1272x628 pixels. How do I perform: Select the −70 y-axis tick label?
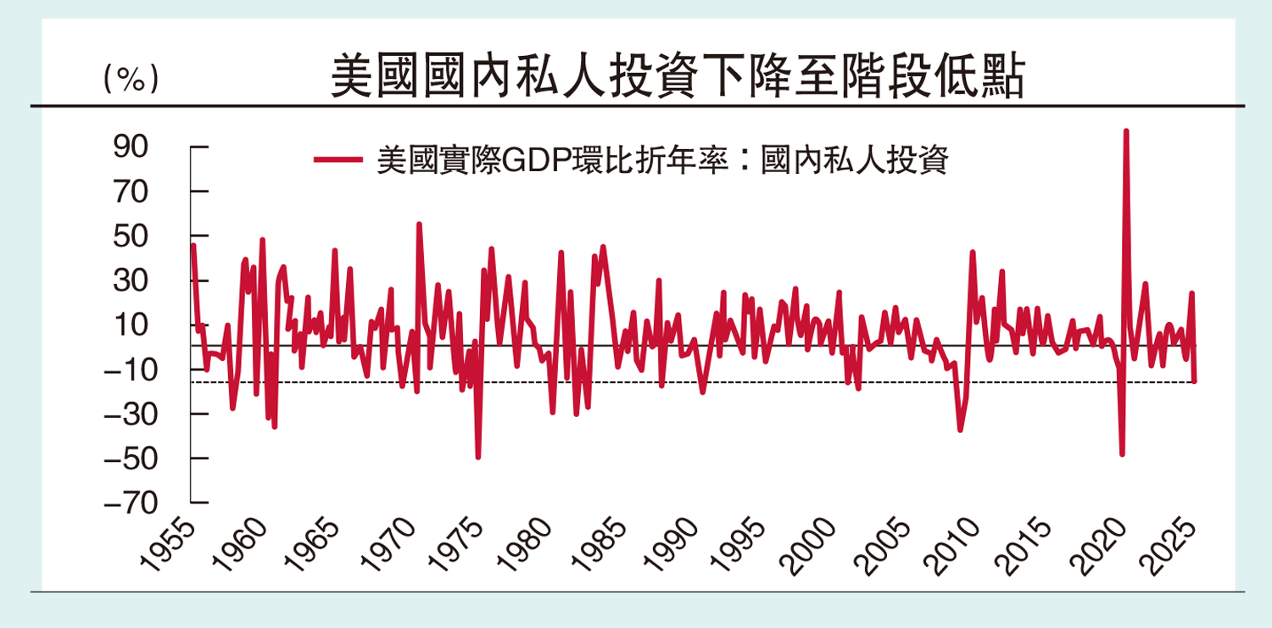[126, 503]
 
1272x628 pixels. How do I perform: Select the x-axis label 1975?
[461, 546]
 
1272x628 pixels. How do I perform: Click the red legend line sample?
[339, 158]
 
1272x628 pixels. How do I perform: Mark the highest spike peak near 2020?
[1125, 131]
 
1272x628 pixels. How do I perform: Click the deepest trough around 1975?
[478, 458]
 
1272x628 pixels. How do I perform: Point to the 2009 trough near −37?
[960, 431]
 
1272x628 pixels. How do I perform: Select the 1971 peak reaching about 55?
[419, 224]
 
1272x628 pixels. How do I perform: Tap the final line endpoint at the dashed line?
[1194, 381]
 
